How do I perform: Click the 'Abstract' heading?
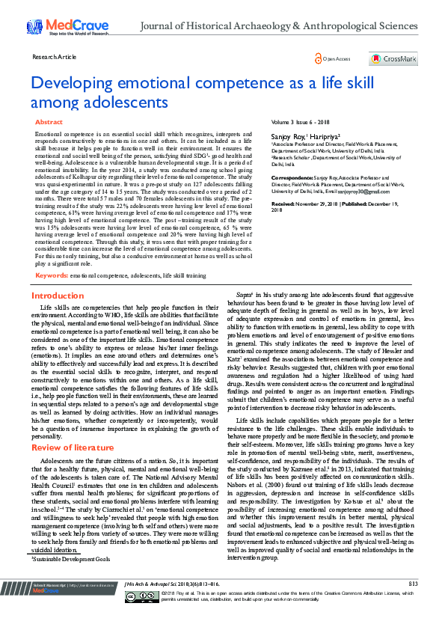click(x=49, y=121)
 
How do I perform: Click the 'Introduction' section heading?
click(x=58, y=296)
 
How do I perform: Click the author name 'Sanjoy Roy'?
click(x=289, y=138)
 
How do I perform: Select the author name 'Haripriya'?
click(x=325, y=138)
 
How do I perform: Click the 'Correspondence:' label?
click(x=292, y=178)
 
